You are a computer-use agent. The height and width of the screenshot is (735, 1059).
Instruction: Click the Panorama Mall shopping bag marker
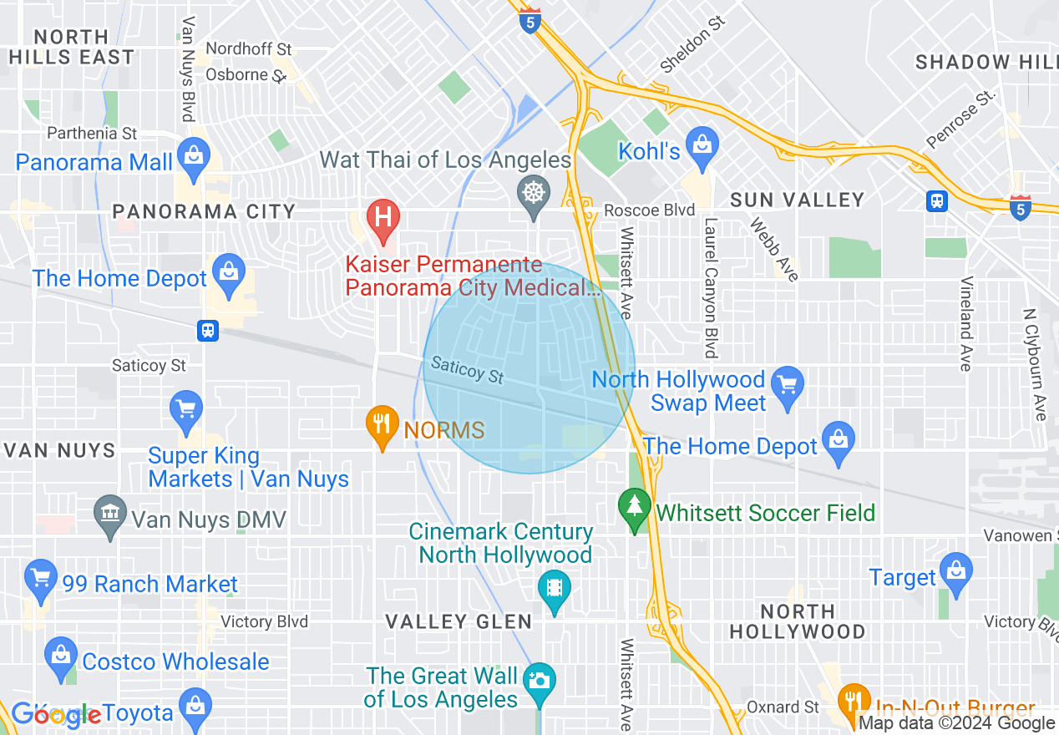194,155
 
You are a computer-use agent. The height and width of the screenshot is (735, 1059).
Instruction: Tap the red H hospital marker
383,215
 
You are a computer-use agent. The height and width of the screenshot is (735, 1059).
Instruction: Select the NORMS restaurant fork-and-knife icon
383,422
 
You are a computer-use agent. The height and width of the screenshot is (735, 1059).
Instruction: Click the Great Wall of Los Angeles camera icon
540,680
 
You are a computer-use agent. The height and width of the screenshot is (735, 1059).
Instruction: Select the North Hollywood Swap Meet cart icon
788,384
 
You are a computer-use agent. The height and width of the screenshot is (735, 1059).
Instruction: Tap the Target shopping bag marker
955,571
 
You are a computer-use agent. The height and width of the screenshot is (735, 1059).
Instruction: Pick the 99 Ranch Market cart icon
41,578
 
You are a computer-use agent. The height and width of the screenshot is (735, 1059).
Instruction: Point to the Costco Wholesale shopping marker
60,655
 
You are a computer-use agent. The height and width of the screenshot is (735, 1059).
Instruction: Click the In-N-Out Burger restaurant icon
853,700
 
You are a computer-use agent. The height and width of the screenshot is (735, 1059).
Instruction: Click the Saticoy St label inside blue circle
468,371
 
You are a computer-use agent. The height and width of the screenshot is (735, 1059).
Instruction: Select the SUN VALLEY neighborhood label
797,200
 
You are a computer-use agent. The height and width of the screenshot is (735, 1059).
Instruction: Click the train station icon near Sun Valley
937,201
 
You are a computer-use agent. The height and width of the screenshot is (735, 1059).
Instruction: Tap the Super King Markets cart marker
185,409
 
